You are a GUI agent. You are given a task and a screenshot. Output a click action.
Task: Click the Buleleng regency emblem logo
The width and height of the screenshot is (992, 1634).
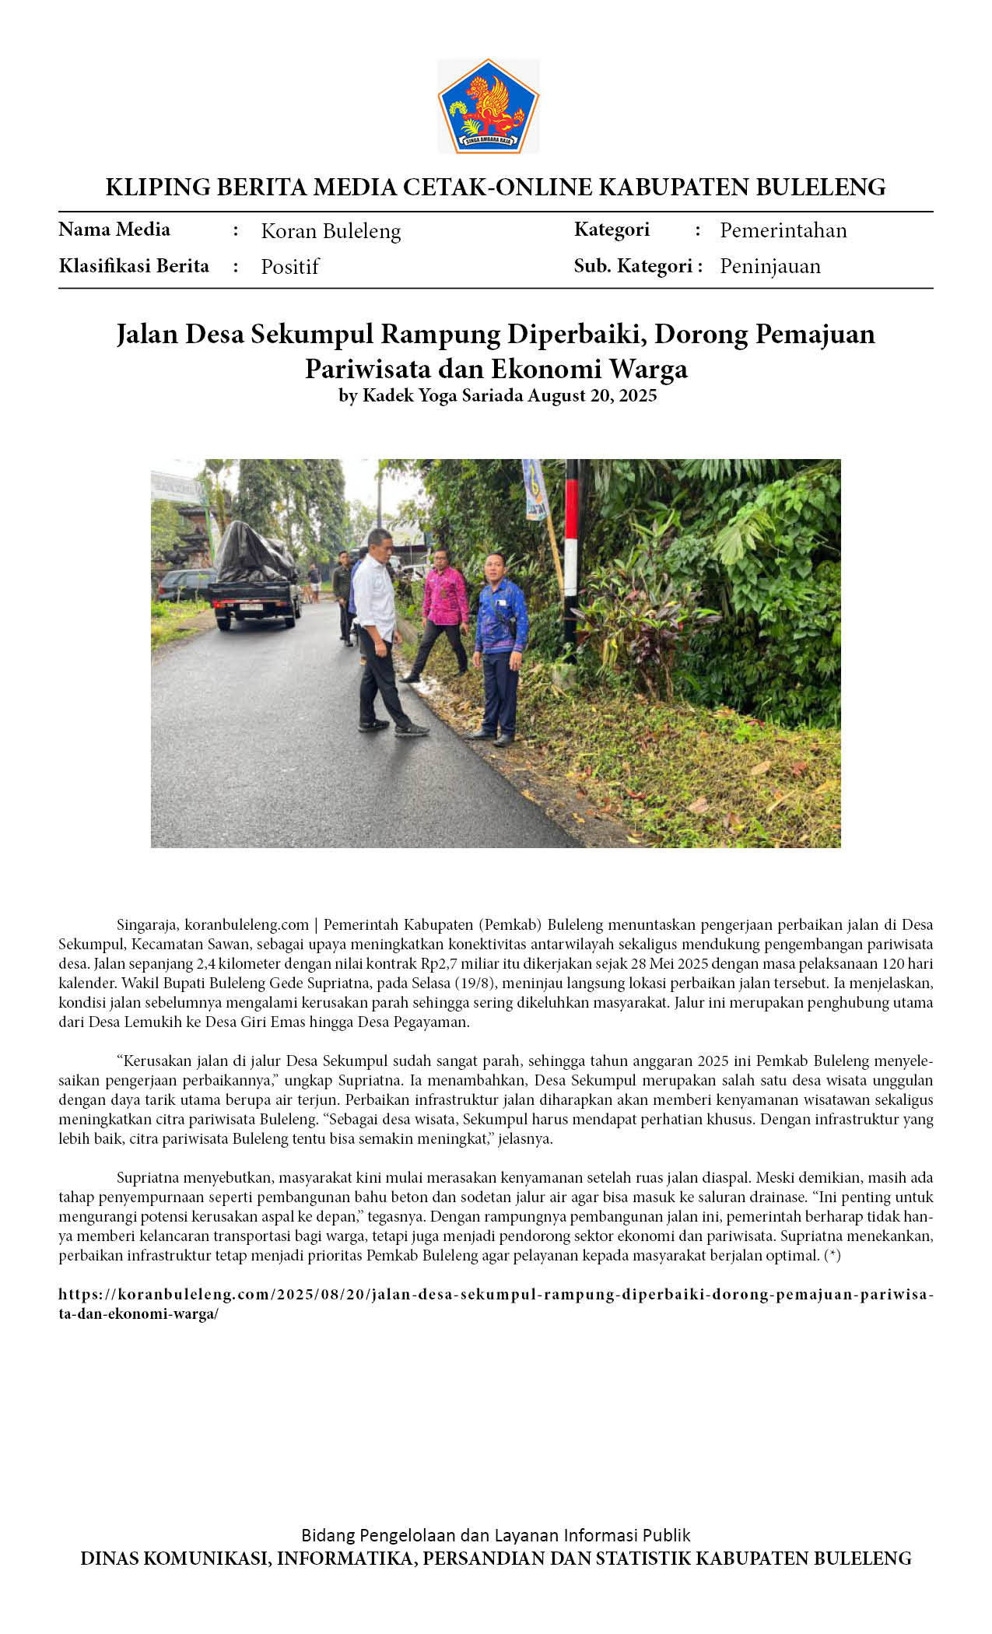(x=488, y=106)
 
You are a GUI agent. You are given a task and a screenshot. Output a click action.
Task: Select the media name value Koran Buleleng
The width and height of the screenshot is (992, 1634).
(x=331, y=231)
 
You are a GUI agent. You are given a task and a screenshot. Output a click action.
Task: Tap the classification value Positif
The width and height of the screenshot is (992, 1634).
(x=289, y=266)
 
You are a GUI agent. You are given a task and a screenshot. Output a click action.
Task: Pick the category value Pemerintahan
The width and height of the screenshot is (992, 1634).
(x=783, y=230)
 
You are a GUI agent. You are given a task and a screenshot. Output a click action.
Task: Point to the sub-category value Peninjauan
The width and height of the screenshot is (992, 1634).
(x=769, y=266)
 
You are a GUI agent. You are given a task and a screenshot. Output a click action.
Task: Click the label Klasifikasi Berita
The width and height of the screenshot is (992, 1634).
(x=134, y=266)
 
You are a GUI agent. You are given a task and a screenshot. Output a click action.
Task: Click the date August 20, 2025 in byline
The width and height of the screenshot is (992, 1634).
(x=592, y=395)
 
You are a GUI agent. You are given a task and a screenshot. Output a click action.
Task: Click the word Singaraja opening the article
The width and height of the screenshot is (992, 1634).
(x=148, y=925)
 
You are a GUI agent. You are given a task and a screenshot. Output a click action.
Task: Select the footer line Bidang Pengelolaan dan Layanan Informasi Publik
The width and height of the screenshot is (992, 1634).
(x=496, y=1535)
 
